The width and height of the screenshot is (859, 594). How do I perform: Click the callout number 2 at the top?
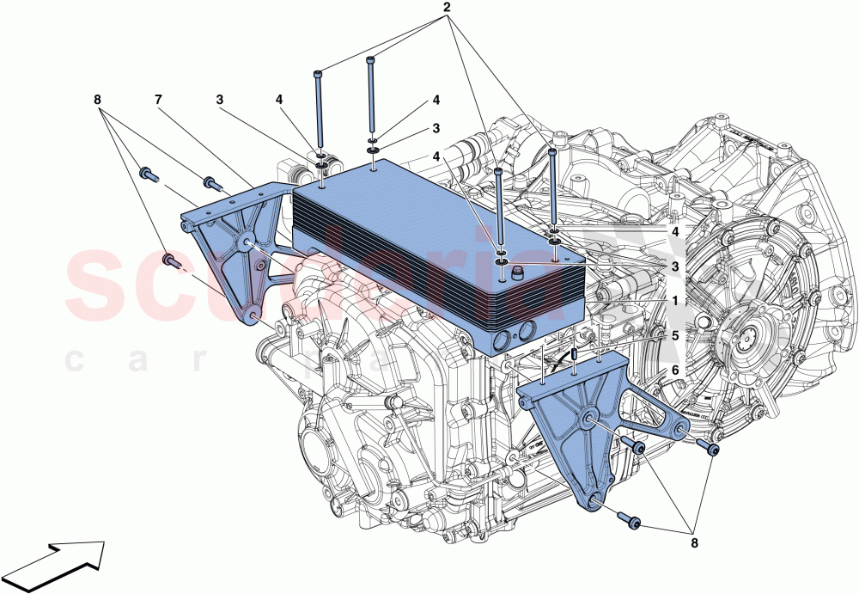(x=446, y=9)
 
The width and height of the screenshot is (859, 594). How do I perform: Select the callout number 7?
(x=158, y=100)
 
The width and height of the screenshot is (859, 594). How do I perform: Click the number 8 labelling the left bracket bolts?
(x=98, y=100)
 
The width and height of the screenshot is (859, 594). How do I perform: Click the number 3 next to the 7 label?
(x=220, y=100)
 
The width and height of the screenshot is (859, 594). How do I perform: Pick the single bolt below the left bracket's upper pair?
(x=170, y=262)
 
